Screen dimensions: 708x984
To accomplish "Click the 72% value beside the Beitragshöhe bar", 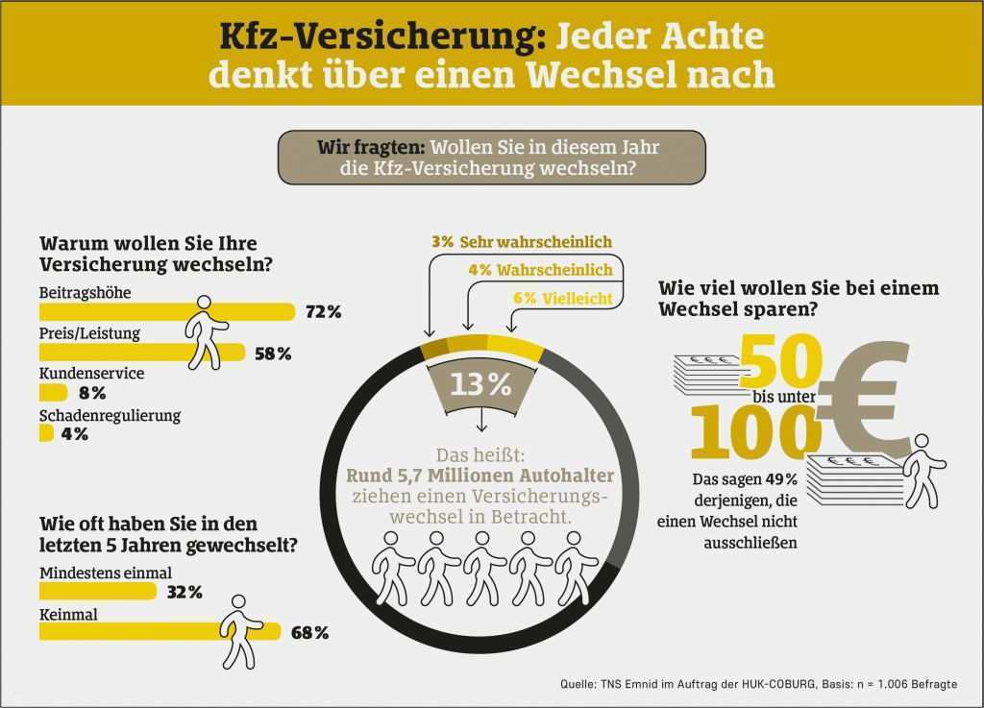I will point(323,312).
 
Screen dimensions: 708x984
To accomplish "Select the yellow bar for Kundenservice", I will point(53,393).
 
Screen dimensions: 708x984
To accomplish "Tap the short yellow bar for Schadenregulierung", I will point(45,434).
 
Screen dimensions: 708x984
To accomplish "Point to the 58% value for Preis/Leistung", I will point(273,354).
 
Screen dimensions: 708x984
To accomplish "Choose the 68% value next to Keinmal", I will point(309,632).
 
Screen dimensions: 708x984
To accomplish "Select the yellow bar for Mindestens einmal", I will point(96,592).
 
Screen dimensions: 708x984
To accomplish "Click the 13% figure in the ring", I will point(481,384).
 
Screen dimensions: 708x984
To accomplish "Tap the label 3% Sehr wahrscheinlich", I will point(522,242).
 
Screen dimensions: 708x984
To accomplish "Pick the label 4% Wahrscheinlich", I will point(539,270).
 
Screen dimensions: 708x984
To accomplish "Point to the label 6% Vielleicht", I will point(562,299).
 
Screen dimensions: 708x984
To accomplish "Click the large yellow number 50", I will point(779,359).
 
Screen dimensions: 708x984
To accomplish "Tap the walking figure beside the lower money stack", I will point(922,470).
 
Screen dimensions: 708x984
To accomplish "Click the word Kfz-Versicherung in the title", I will point(364,37).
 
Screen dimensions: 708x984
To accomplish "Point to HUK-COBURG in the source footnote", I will point(779,684).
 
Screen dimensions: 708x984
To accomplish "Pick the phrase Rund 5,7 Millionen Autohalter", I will point(480,475).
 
